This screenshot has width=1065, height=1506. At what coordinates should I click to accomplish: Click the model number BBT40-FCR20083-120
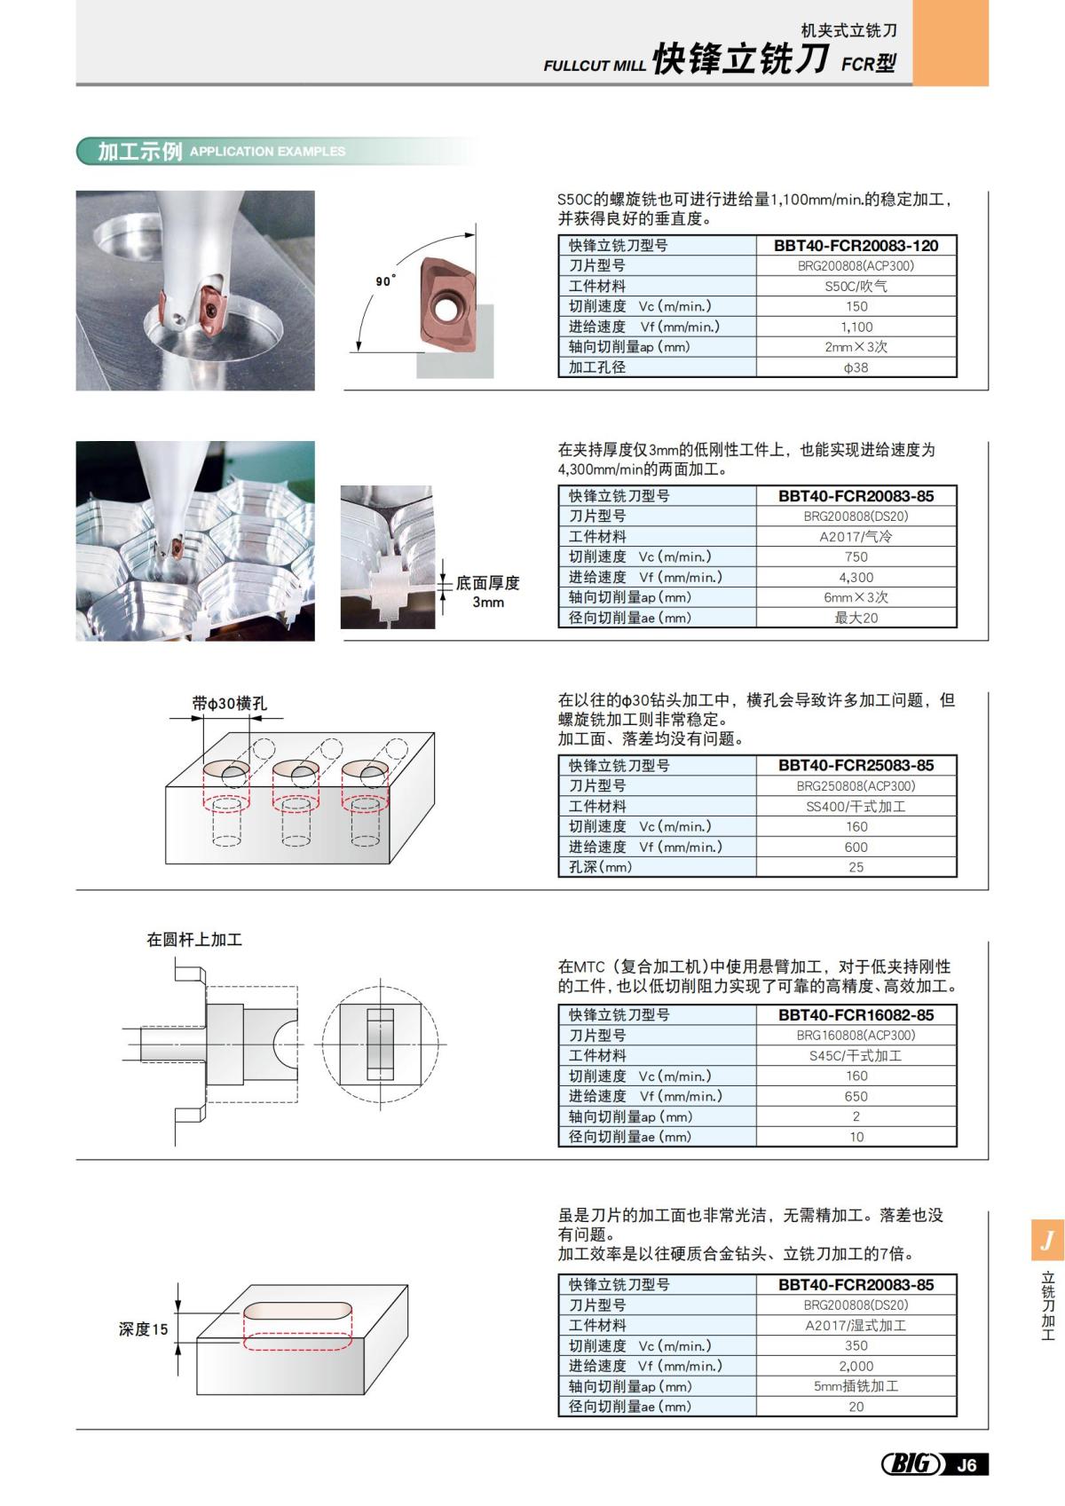pos(856,246)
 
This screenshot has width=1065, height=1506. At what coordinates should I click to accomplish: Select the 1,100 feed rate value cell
pos(856,327)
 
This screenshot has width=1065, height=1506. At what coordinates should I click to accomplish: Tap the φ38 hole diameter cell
pos(856,367)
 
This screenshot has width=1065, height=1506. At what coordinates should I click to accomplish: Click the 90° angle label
pos(385,281)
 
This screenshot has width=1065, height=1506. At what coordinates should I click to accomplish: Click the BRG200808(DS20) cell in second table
pos(856,516)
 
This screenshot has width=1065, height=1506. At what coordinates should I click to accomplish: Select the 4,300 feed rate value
pos(856,578)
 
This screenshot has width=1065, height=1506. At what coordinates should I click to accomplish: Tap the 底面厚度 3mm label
pos(487,592)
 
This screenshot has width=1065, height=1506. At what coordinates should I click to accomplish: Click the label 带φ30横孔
pos(229,704)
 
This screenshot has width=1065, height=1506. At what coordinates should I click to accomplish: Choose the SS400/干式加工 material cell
pos(856,807)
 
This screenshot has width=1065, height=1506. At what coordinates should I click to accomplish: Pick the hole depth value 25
pos(856,868)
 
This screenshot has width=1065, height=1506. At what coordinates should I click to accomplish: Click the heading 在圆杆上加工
pos(194,940)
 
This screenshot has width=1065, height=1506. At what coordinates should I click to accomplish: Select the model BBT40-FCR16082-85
pos(856,1015)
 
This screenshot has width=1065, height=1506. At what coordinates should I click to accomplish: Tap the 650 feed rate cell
pos(856,1097)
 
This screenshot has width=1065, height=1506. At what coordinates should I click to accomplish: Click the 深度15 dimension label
pos(143,1329)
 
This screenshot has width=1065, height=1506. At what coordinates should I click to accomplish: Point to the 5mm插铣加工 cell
pos(856,1387)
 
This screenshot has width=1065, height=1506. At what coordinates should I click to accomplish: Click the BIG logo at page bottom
pos(911,1463)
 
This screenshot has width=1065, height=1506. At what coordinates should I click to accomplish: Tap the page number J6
pos(967,1465)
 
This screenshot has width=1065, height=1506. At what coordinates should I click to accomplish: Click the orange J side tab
pos(1047,1240)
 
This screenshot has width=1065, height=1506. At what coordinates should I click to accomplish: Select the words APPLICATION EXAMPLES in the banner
pos(267,152)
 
